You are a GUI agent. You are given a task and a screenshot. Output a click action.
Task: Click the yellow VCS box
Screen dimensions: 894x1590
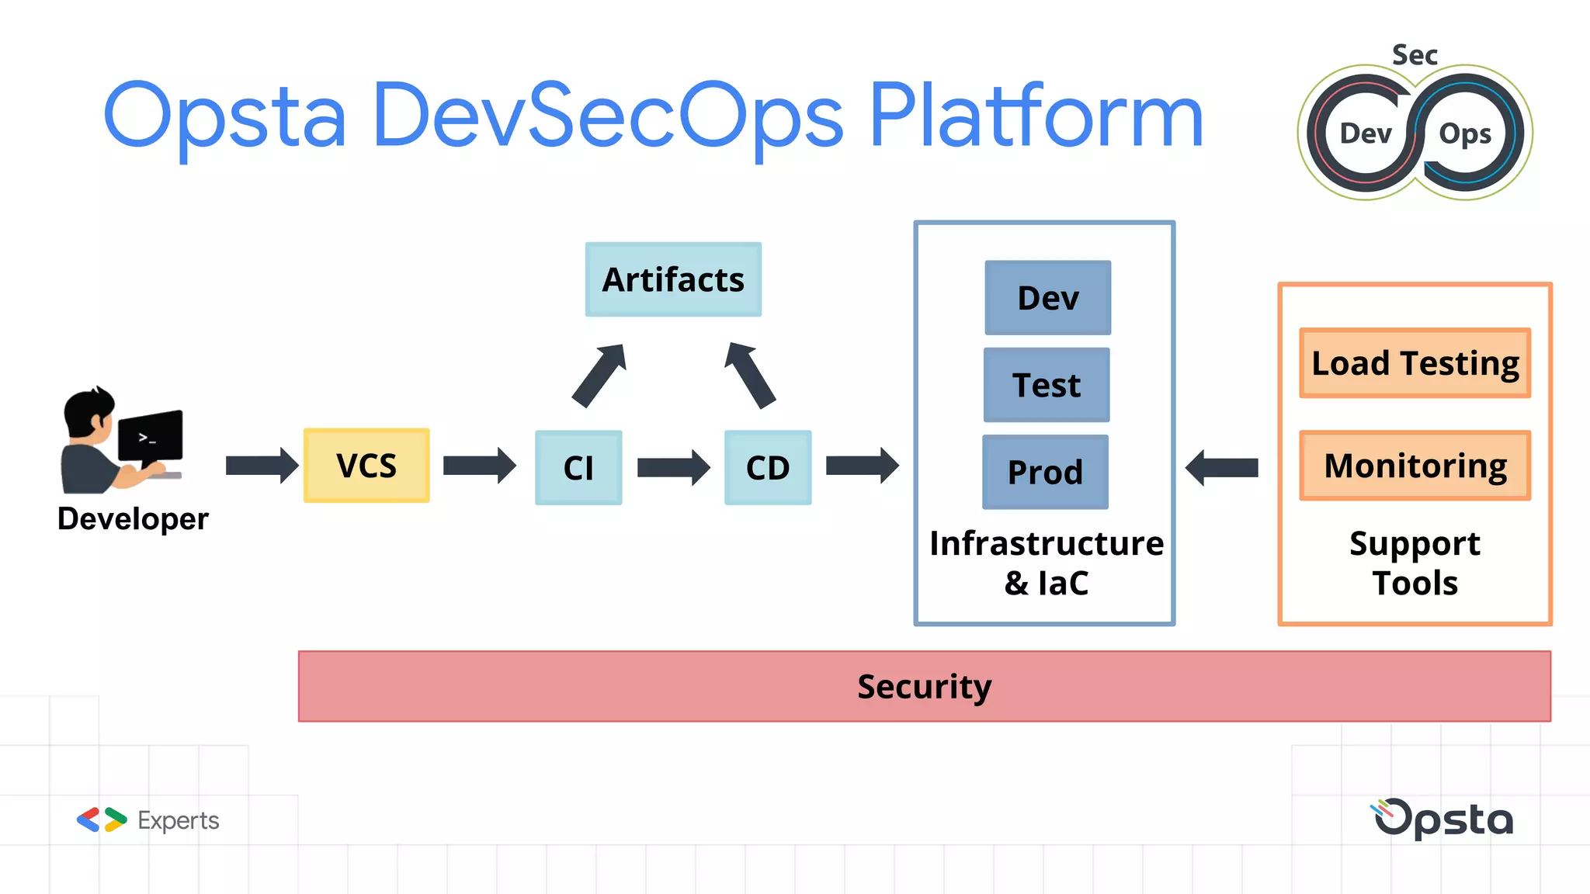366,466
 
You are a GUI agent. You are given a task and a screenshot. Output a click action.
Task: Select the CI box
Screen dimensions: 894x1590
578,467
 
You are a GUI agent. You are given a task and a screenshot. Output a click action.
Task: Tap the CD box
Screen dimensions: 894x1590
768,467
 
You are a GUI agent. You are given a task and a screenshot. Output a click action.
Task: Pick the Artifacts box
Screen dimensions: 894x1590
673,279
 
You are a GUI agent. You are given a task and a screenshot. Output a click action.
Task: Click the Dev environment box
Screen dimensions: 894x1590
1047,298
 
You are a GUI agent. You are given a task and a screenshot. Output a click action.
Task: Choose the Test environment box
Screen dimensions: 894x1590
1046,385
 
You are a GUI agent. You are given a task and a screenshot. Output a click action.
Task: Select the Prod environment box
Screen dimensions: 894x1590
1045,472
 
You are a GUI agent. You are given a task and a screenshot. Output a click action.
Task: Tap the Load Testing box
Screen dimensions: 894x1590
1415,363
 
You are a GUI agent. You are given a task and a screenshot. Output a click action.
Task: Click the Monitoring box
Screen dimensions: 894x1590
1415,466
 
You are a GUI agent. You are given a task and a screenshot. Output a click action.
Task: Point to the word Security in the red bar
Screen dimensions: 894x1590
924,686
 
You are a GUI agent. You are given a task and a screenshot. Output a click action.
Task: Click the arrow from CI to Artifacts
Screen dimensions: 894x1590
599,376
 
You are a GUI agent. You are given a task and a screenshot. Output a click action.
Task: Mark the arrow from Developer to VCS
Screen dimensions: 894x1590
262,466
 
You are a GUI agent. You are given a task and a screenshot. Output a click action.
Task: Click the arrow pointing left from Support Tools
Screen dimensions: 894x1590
1222,467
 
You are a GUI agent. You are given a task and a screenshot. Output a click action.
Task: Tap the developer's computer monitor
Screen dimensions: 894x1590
151,436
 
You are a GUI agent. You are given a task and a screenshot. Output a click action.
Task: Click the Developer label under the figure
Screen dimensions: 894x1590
133,518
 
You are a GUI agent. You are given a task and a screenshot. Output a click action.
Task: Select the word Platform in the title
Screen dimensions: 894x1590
1036,116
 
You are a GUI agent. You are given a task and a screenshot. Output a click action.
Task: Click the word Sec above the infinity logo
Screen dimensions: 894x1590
1415,55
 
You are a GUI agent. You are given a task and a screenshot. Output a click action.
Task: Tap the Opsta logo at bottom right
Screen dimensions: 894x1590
1443,819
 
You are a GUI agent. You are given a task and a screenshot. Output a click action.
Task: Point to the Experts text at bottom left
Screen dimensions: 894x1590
178,820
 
